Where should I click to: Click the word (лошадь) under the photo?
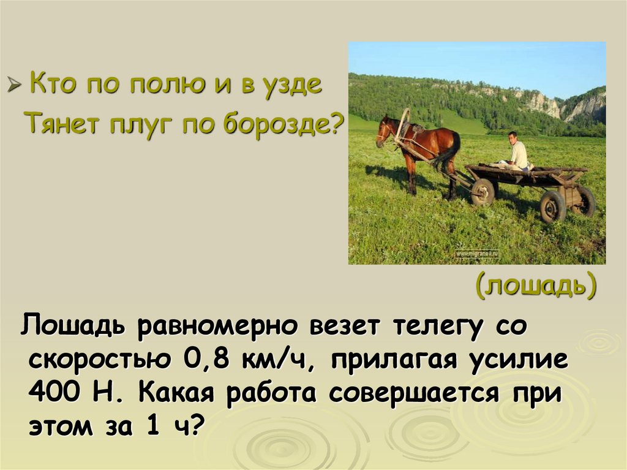click(x=536, y=286)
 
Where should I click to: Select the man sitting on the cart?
click(x=516, y=151)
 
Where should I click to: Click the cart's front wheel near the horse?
click(x=482, y=192)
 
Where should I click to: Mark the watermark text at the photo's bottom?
click(x=477, y=253)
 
